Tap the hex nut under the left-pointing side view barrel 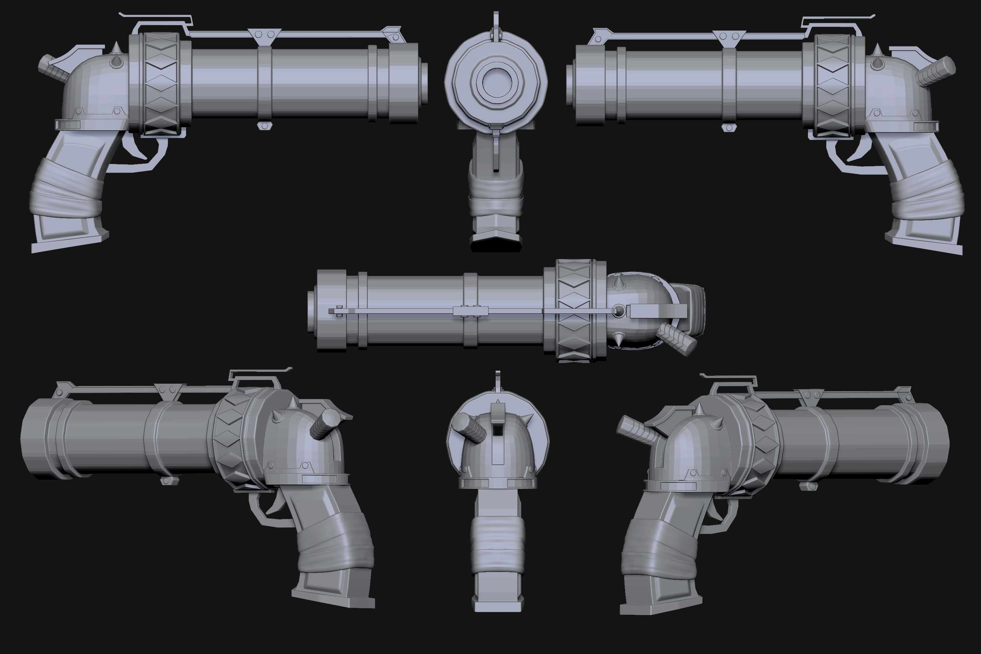[x=729, y=128]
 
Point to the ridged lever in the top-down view [x=677, y=339]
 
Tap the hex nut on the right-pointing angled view [x=808, y=486]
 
